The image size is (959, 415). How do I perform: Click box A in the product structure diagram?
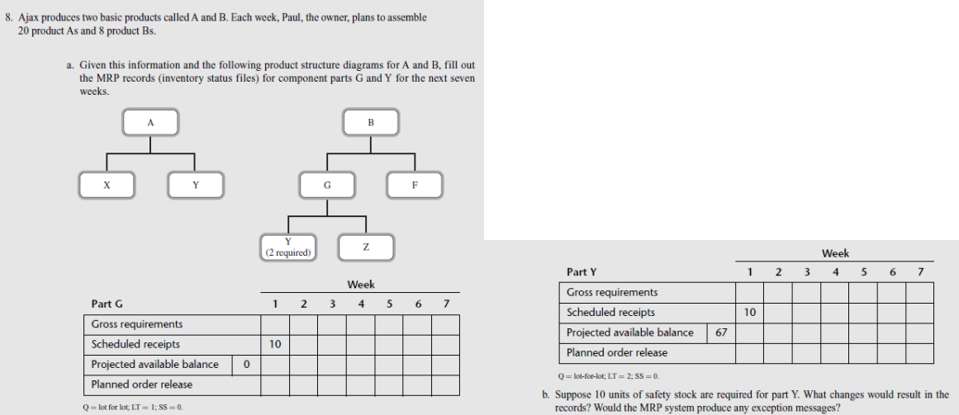tap(150, 123)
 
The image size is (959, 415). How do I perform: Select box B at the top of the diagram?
tap(370, 123)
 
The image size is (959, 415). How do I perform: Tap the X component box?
tap(107, 185)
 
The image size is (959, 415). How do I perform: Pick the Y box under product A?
tap(195, 185)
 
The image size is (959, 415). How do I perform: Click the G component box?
tap(327, 185)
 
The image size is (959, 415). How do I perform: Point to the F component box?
tap(415, 185)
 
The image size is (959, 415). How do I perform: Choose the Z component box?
tap(365, 248)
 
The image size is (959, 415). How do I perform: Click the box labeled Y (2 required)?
tap(287, 248)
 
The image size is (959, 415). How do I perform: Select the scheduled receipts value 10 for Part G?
tap(275, 344)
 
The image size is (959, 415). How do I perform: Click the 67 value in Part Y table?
tap(721, 332)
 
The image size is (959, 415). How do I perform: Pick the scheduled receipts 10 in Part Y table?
tap(749, 313)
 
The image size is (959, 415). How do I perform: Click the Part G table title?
tap(107, 304)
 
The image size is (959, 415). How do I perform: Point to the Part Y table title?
tap(582, 271)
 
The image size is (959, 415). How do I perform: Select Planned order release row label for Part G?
tap(142, 384)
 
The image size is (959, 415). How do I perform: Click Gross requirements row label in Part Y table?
tap(612, 292)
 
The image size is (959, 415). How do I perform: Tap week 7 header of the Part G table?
tap(446, 304)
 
